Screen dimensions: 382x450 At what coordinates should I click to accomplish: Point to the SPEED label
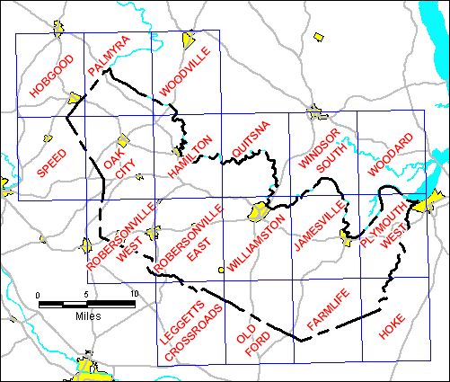pyautogui.click(x=50, y=157)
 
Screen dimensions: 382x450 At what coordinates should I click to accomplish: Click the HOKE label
pyautogui.click(x=393, y=324)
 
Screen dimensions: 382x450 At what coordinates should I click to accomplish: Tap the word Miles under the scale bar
pyautogui.click(x=87, y=316)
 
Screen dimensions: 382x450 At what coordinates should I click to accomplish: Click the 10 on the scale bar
pyautogui.click(x=134, y=295)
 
